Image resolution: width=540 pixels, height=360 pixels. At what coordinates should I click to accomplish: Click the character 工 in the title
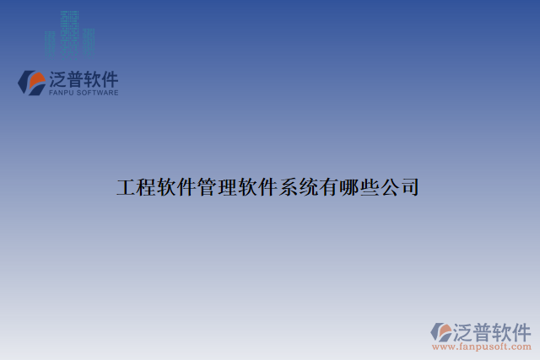pyautogui.click(x=127, y=187)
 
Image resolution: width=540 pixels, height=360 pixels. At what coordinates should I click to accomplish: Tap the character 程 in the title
pyautogui.click(x=147, y=187)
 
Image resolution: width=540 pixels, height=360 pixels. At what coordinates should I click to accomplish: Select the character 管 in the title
pyautogui.click(x=208, y=187)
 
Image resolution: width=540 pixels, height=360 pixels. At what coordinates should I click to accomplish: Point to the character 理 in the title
pyautogui.click(x=228, y=187)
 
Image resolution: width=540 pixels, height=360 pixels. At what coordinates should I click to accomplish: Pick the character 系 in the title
pyautogui.click(x=289, y=187)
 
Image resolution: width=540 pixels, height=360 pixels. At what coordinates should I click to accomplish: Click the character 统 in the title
pyautogui.click(x=309, y=187)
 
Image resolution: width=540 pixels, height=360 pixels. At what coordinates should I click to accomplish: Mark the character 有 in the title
pyautogui.click(x=329, y=187)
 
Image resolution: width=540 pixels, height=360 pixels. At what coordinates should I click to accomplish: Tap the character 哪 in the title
pyautogui.click(x=349, y=187)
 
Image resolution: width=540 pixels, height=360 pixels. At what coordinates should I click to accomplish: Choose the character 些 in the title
pyautogui.click(x=370, y=187)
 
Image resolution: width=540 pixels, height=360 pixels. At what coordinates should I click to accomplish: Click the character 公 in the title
pyautogui.click(x=390, y=187)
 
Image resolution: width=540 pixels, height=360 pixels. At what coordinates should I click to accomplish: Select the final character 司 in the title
pyautogui.click(x=410, y=187)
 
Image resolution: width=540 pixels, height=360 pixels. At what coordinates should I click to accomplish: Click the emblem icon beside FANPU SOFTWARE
pyautogui.click(x=32, y=83)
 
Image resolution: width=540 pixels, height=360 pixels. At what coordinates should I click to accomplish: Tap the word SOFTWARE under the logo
pyautogui.click(x=100, y=93)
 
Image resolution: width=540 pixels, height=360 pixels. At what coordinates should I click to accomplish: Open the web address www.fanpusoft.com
pyautogui.click(x=480, y=347)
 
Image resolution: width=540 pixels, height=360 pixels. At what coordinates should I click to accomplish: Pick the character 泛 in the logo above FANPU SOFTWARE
pyautogui.click(x=62, y=79)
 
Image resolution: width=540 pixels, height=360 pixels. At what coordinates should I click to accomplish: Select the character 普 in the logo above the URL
pyautogui.click(x=483, y=330)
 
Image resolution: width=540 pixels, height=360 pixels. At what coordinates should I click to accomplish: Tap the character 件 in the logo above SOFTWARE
pyautogui.click(x=110, y=79)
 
